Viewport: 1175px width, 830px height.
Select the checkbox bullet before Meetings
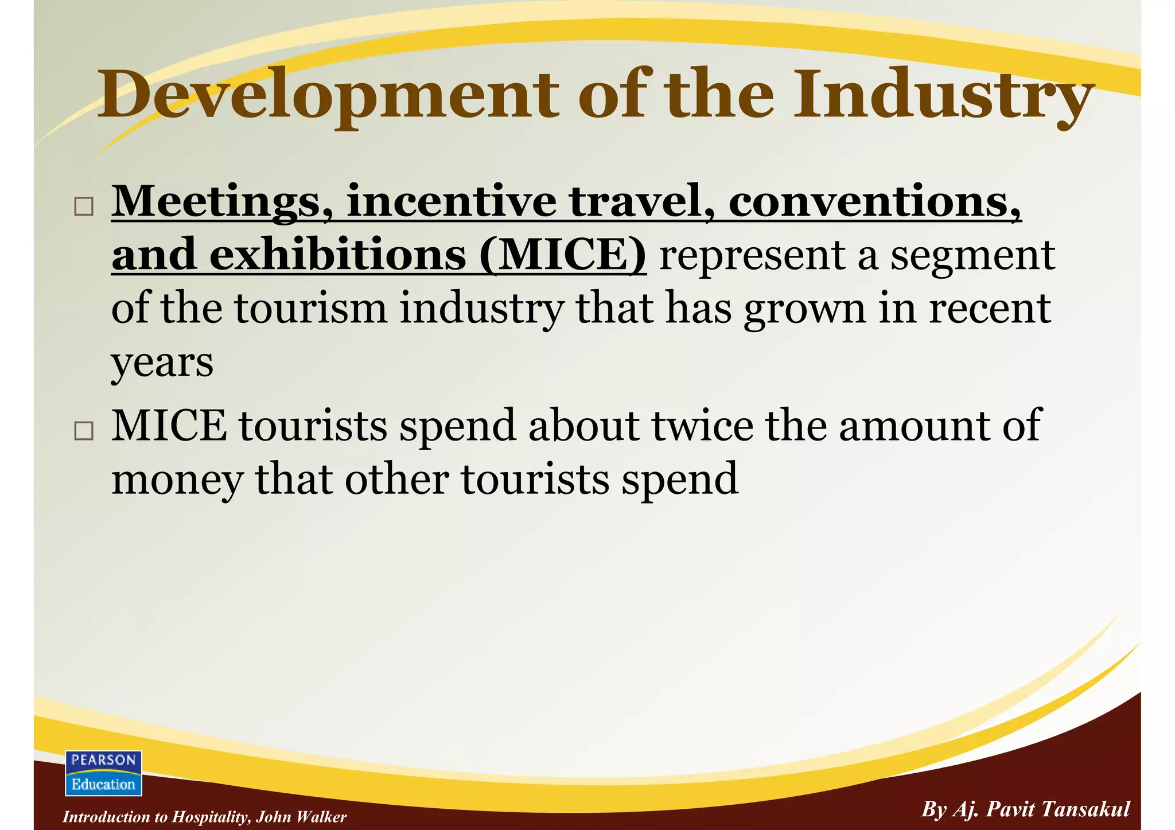(84, 206)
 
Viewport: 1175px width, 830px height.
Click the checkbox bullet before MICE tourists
(84, 430)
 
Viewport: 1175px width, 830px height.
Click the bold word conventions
(874, 201)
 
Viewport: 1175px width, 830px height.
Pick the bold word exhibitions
(338, 255)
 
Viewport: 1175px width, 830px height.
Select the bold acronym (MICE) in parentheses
(563, 255)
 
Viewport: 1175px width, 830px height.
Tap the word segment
(972, 256)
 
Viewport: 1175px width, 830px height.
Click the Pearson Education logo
(104, 773)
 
